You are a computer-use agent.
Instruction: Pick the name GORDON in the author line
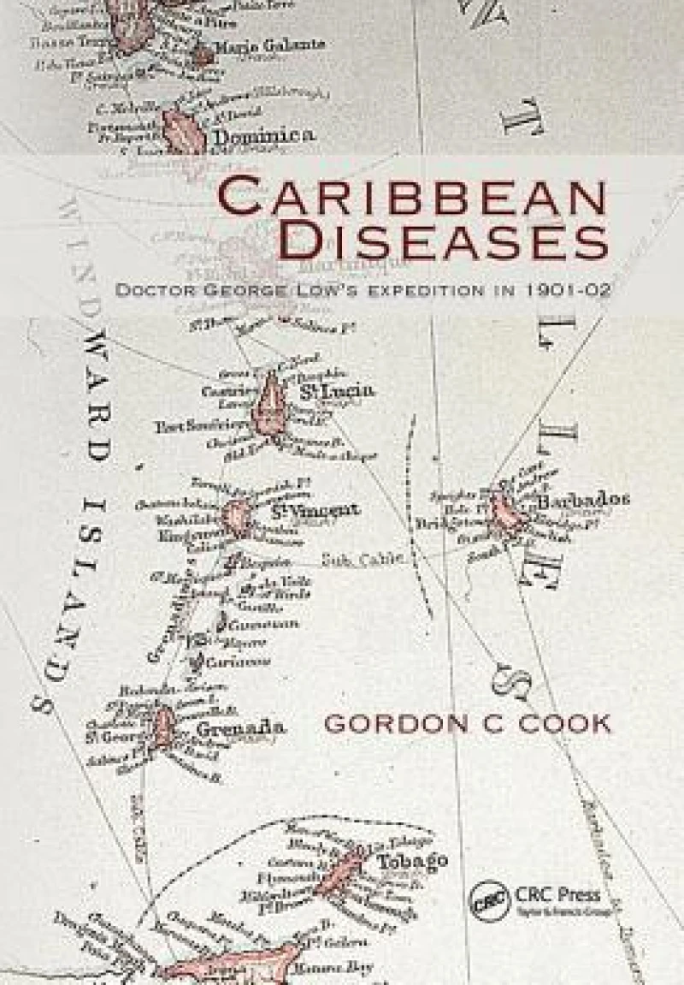(x=399, y=723)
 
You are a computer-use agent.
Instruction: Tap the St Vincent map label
(x=314, y=511)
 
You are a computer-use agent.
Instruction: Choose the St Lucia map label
(x=338, y=391)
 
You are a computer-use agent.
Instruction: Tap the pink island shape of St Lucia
(x=271, y=405)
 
